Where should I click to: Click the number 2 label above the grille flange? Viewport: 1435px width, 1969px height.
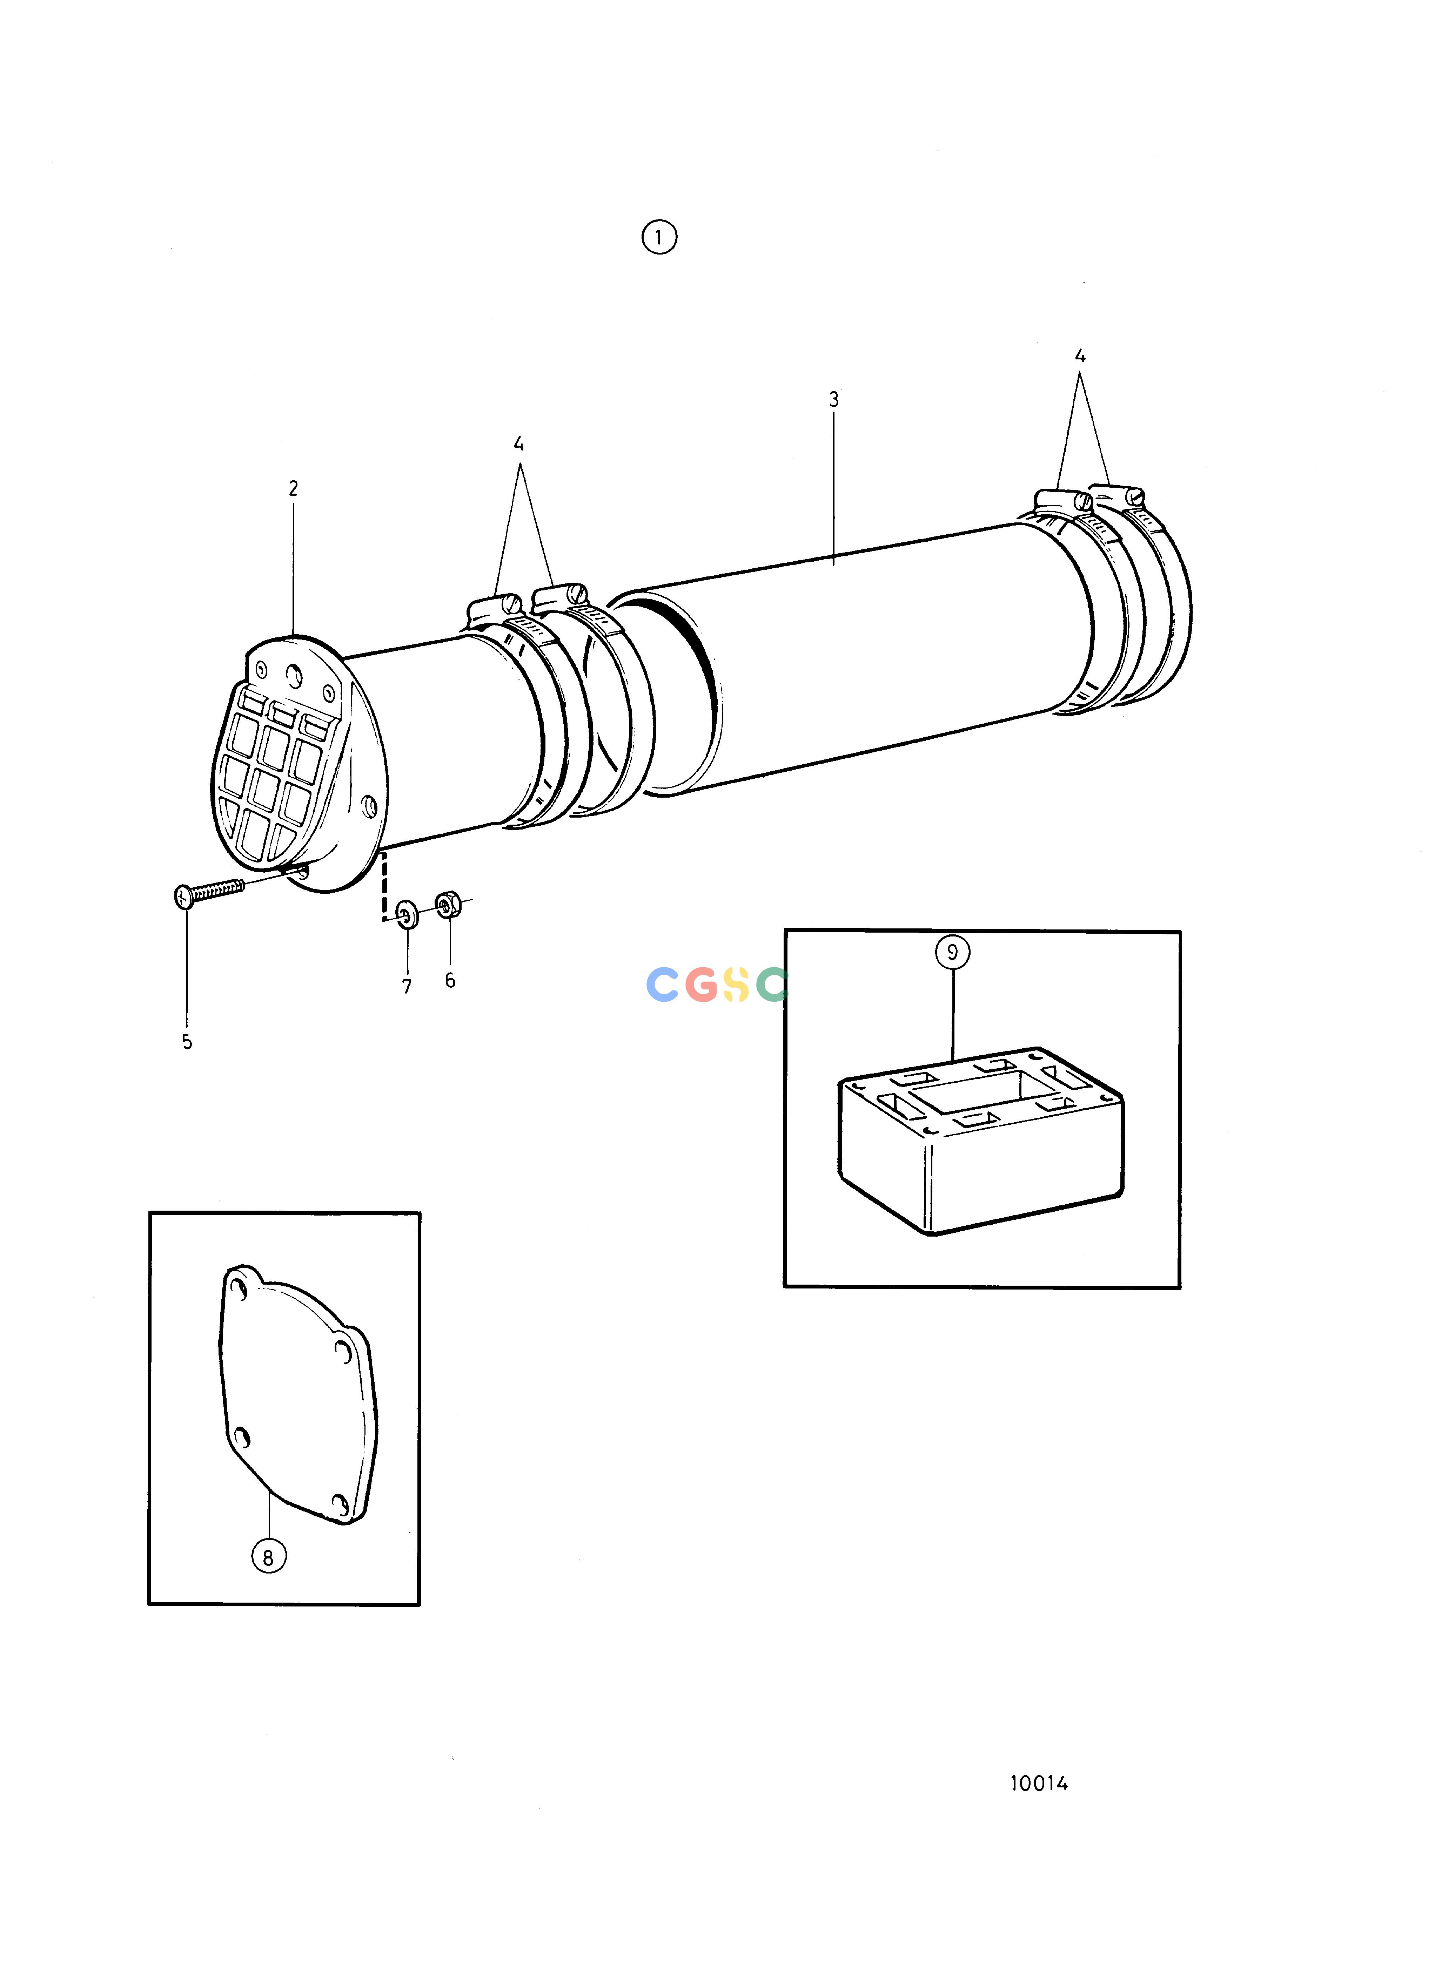(x=294, y=489)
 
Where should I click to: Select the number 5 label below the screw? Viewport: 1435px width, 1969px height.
(x=187, y=1042)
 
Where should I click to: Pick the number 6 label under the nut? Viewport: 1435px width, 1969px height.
(x=450, y=980)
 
